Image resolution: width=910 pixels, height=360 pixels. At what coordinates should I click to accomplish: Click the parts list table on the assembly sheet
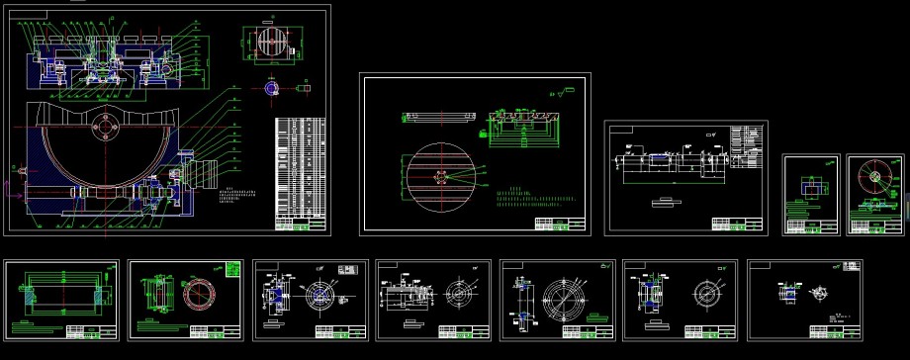tap(300, 167)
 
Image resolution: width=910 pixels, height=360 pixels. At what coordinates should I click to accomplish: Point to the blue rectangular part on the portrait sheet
tap(811, 187)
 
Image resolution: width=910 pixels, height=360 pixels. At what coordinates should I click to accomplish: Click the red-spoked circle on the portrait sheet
tap(872, 175)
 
